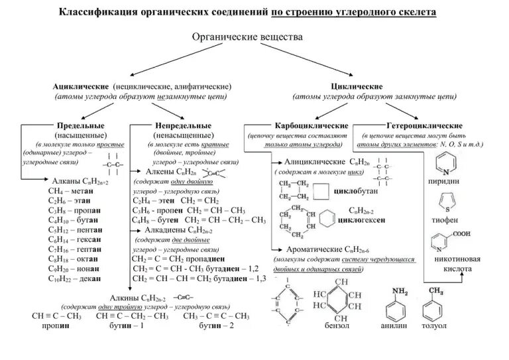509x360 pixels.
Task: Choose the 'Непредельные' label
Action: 184,125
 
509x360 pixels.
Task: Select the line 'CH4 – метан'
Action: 70,190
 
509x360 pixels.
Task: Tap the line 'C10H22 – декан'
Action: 74,278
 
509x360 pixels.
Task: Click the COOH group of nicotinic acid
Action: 461,233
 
